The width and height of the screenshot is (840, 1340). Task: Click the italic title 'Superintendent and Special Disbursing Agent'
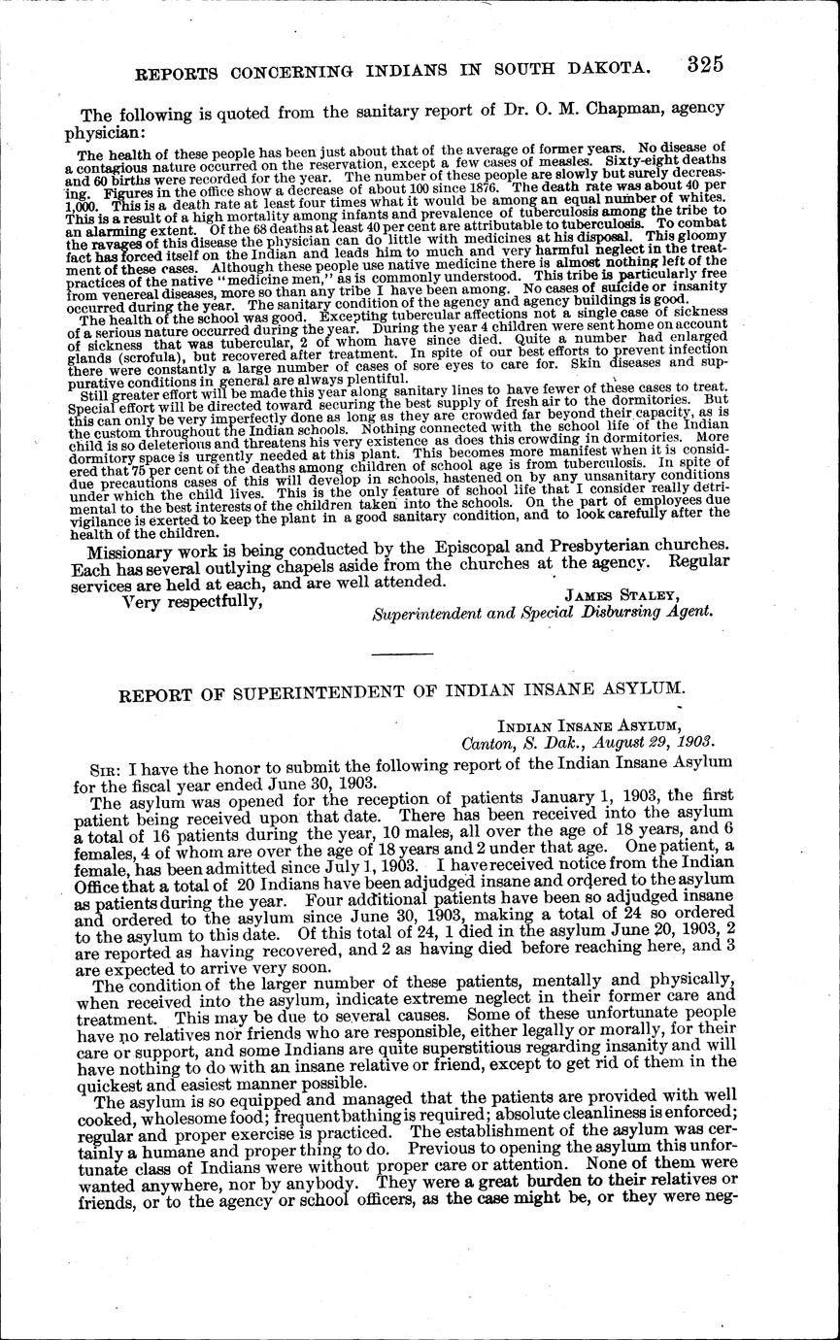point(543,613)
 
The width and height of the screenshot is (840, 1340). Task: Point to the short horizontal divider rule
point(402,653)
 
